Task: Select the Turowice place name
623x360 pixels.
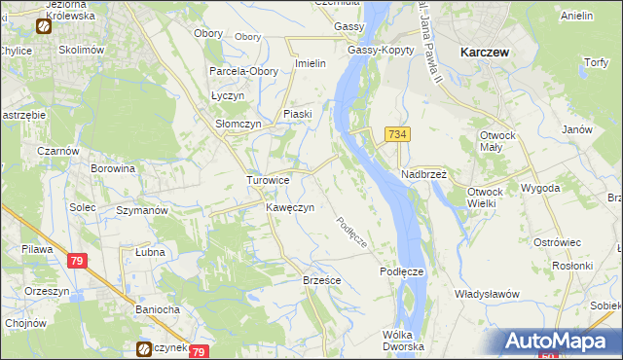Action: pyautogui.click(x=267, y=180)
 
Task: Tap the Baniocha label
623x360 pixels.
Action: pyautogui.click(x=158, y=310)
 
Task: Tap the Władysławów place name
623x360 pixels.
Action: pyautogui.click(x=488, y=294)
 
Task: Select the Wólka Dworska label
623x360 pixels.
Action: pyautogui.click(x=403, y=341)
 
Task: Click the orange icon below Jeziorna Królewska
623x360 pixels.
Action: pyautogui.click(x=44, y=27)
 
